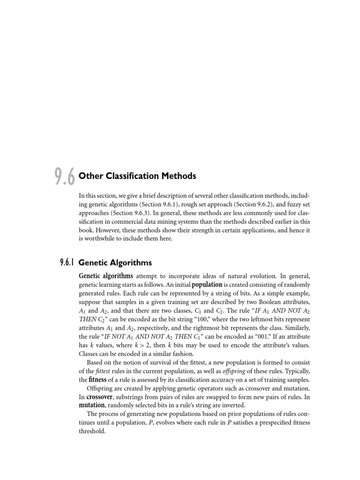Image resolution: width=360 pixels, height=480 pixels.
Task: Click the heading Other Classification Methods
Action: tap(137, 176)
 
